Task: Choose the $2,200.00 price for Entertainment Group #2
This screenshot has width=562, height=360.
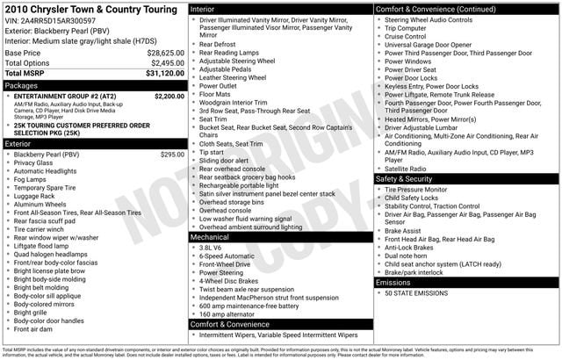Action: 169,96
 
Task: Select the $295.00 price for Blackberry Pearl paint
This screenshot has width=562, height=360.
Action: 172,155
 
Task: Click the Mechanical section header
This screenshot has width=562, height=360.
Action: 211,237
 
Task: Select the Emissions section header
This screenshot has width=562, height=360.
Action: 394,282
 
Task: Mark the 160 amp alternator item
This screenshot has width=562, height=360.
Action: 227,313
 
